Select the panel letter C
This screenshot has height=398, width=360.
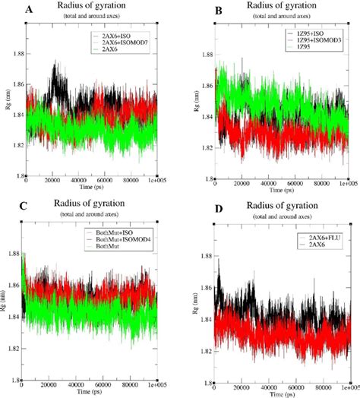[x=9, y=206]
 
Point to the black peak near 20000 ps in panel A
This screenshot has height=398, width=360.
[x=55, y=65]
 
